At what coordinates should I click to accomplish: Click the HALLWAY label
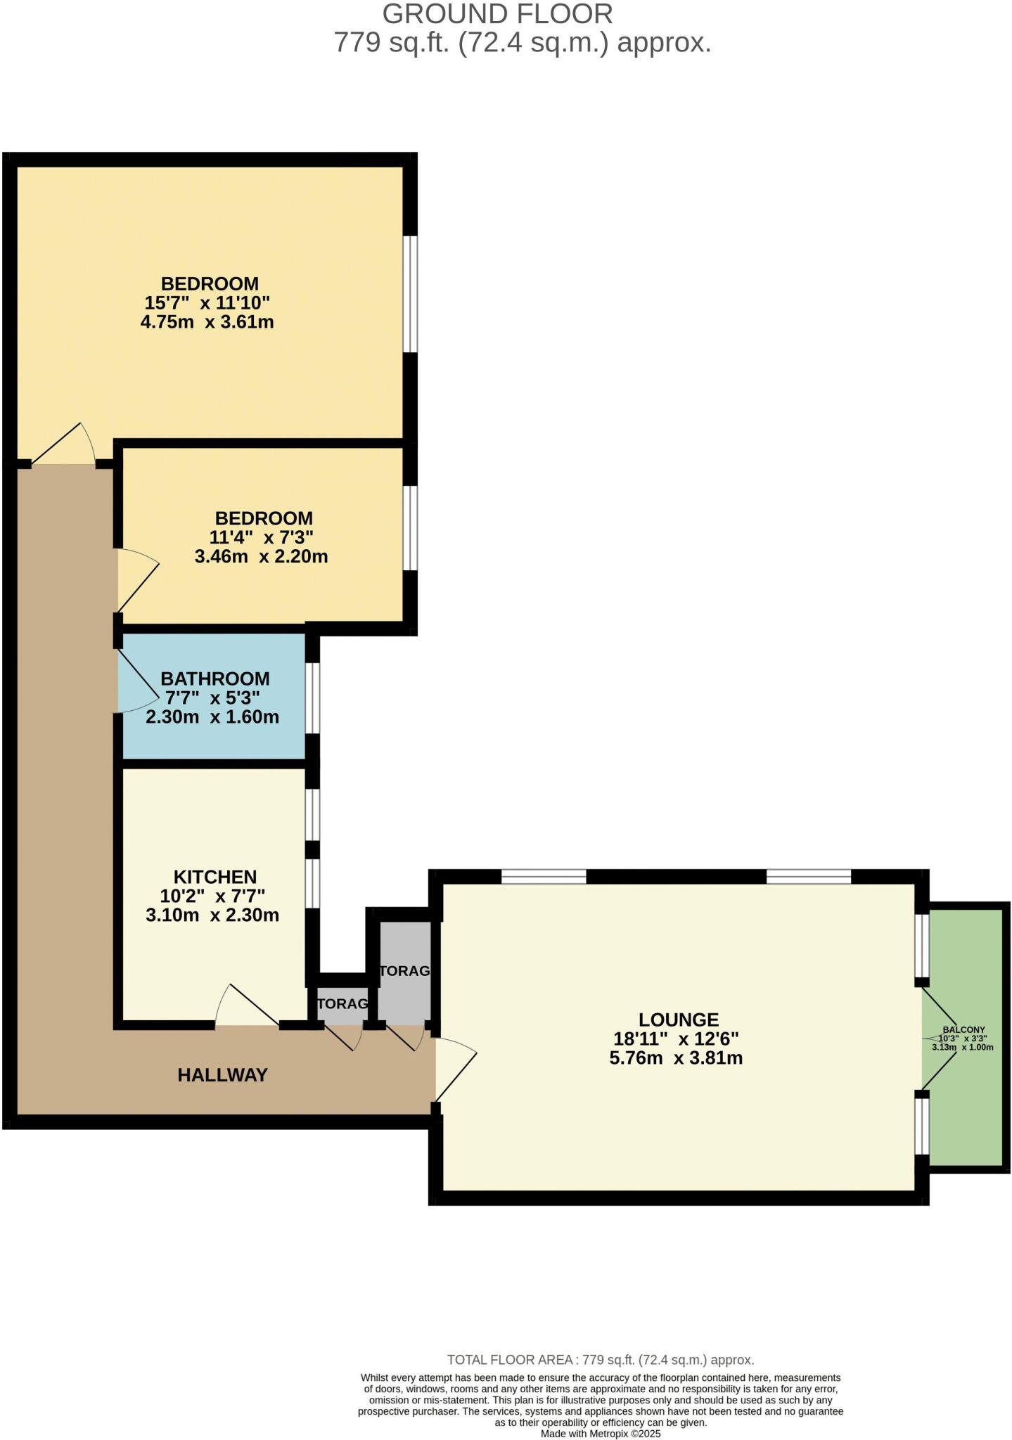pyautogui.click(x=222, y=1075)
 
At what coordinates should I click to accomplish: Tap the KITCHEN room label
pyautogui.click(x=214, y=877)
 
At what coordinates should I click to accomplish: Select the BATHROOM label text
pyautogui.click(x=214, y=679)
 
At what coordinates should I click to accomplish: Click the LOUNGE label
pyautogui.click(x=678, y=1020)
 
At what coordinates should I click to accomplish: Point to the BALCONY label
pyautogui.click(x=963, y=1029)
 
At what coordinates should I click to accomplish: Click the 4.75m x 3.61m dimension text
pyautogui.click(x=207, y=323)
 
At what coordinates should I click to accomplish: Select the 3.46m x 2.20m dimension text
pyautogui.click(x=261, y=557)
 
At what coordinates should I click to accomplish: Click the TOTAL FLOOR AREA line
pyautogui.click(x=600, y=1360)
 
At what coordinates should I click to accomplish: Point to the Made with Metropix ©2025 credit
pyautogui.click(x=600, y=1434)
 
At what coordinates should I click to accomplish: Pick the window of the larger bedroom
pyautogui.click(x=410, y=293)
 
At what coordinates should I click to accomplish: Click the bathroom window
pyautogui.click(x=312, y=698)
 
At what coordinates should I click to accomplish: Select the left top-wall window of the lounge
pyautogui.click(x=543, y=877)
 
